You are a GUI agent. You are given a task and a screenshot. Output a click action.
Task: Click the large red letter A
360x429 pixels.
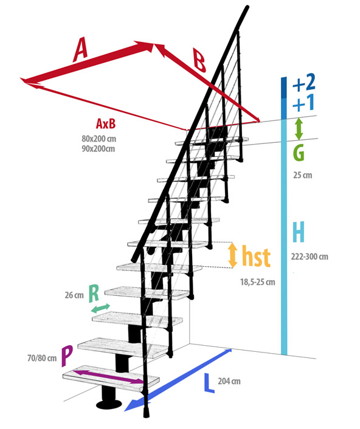pos(80,50)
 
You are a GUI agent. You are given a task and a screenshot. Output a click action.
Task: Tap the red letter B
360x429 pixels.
pos(199,60)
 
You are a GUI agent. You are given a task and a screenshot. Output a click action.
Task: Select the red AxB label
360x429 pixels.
pos(106,123)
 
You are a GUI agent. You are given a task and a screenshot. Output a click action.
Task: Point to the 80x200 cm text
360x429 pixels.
pos(99,139)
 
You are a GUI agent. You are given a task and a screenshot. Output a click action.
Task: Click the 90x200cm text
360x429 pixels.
pos(98,148)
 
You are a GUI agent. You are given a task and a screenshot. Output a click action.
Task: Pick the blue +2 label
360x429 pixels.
pos(304,83)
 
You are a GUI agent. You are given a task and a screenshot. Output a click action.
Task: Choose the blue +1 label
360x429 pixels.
pos(303,103)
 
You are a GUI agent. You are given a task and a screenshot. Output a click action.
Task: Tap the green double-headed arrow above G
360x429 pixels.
pos(299,129)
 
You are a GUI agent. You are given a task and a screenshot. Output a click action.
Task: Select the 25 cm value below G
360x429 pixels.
pos(302,175)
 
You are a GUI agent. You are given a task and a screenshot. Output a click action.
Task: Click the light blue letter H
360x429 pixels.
pos(298,232)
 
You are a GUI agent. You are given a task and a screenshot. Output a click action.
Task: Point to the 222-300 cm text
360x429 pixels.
pos(310,256)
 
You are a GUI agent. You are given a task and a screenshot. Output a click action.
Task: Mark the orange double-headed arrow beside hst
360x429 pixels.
pos(233,255)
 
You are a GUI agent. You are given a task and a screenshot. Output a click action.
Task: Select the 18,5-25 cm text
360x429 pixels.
pos(258,282)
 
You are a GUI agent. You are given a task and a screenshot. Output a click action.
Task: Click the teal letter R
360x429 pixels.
pos(94,293)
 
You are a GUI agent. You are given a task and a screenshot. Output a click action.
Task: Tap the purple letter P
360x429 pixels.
pos(67,356)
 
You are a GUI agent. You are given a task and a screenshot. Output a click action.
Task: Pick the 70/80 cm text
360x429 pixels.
pos(42,358)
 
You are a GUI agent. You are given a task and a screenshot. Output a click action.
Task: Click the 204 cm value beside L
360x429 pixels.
pos(229,381)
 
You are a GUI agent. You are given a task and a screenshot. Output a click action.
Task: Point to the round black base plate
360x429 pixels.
pos(109,404)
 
